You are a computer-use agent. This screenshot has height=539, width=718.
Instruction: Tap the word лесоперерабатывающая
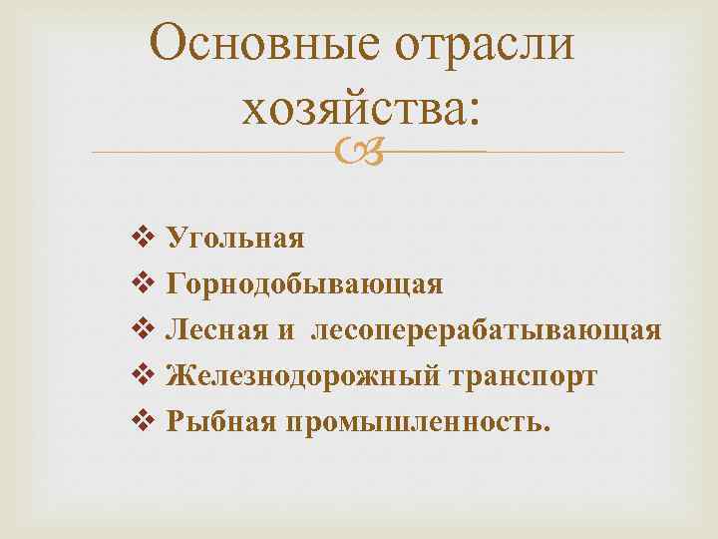tap(486, 331)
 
